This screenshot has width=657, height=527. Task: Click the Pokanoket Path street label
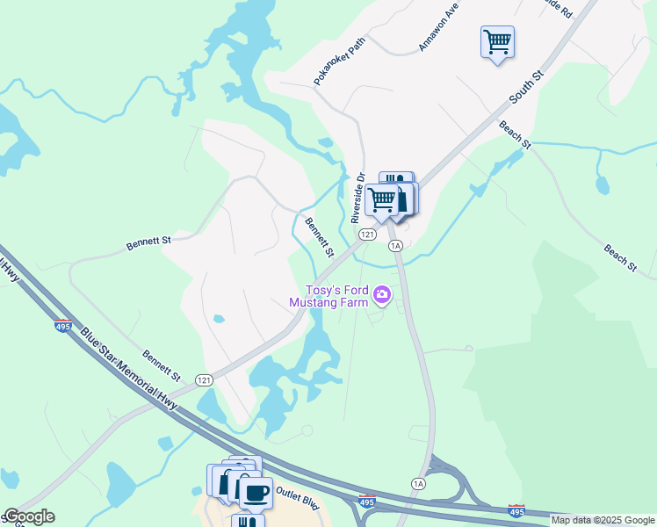click(x=339, y=61)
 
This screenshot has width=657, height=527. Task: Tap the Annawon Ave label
click(x=440, y=28)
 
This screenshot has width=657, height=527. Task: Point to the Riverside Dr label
click(x=358, y=198)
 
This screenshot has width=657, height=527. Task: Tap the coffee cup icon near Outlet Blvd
click(x=255, y=493)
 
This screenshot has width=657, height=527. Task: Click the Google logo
click(x=28, y=516)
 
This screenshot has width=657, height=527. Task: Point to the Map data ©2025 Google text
click(x=602, y=520)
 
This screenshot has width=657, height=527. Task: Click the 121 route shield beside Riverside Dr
click(x=368, y=235)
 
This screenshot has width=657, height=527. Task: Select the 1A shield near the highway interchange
click(x=418, y=484)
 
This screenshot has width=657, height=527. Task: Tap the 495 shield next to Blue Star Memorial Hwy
click(x=63, y=326)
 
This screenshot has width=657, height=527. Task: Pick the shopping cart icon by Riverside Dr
click(x=381, y=199)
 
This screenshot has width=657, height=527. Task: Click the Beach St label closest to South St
click(x=515, y=134)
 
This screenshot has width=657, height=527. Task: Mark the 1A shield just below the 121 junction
click(x=396, y=245)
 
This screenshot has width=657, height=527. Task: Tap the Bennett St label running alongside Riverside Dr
click(x=319, y=236)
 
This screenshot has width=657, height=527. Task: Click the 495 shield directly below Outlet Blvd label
click(x=367, y=502)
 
